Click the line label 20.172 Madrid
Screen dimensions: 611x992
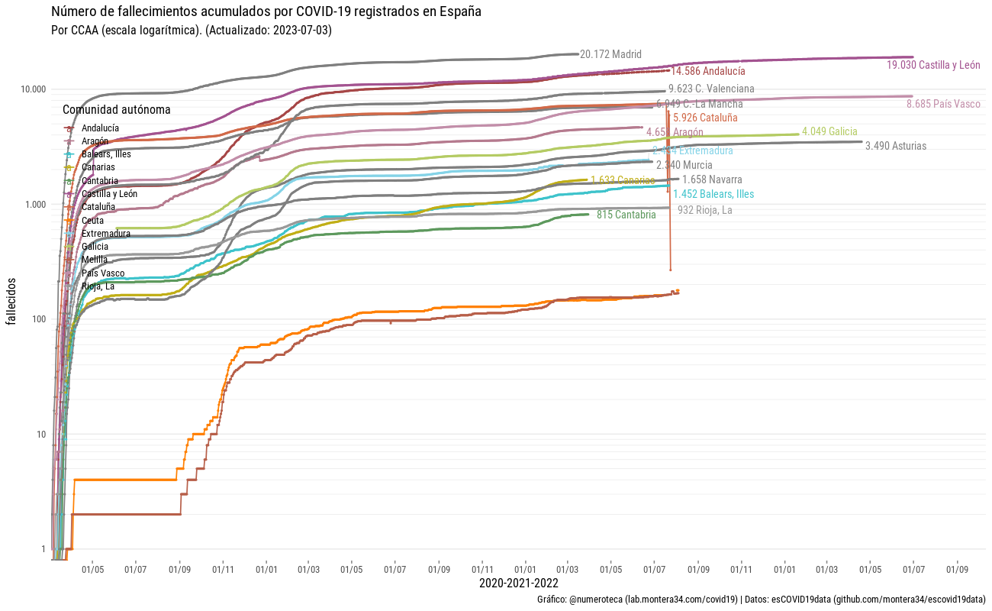click(610, 55)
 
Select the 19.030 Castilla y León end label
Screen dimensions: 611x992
click(933, 66)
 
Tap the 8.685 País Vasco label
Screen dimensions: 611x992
click(943, 105)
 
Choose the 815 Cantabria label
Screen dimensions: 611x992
click(626, 215)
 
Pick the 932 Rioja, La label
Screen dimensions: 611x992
click(704, 210)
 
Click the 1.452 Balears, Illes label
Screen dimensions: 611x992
click(713, 195)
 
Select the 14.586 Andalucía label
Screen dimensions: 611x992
click(708, 71)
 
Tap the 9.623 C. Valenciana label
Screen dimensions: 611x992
click(711, 89)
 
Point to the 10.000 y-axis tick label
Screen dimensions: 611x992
click(33, 89)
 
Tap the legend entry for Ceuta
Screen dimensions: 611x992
click(92, 221)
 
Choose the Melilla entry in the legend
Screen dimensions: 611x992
click(94, 260)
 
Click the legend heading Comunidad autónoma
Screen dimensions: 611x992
click(117, 110)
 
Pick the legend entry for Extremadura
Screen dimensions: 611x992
click(105, 234)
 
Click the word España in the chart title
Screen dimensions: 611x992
click(459, 12)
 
